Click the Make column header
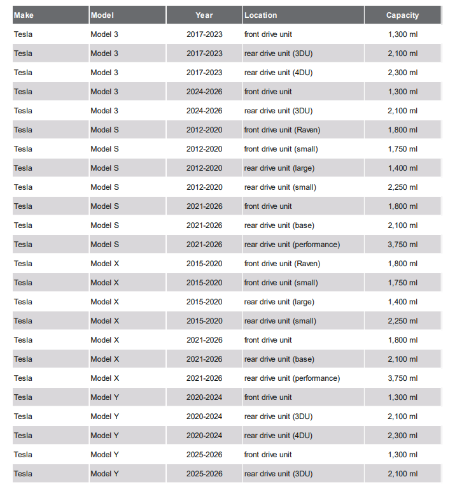pyautogui.click(x=24, y=15)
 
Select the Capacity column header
pyautogui.click(x=402, y=15)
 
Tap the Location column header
pyautogui.click(x=260, y=15)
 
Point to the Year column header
pyautogui.click(x=204, y=15)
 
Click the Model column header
pyautogui.click(x=102, y=15)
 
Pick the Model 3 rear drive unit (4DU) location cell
pyautogui.click(x=278, y=73)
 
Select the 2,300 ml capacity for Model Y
pyautogui.click(x=402, y=436)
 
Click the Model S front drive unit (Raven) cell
pyautogui.click(x=282, y=130)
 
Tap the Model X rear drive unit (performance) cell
pyautogui.click(x=291, y=378)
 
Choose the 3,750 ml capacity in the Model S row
pyautogui.click(x=402, y=245)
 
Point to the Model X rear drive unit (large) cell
pyautogui.click(x=279, y=302)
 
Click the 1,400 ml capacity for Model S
pyautogui.click(x=402, y=168)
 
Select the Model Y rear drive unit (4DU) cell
pyautogui.click(x=278, y=436)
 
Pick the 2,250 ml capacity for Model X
pyautogui.click(x=402, y=321)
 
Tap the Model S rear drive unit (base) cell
pyautogui.click(x=279, y=225)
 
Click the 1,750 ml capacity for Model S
pyautogui.click(x=402, y=149)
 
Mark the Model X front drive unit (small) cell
pyautogui.click(x=281, y=283)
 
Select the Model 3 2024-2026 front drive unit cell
pyautogui.click(x=268, y=92)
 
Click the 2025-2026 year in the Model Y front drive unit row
pyautogui.click(x=204, y=455)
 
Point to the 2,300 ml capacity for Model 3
pyautogui.click(x=402, y=73)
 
